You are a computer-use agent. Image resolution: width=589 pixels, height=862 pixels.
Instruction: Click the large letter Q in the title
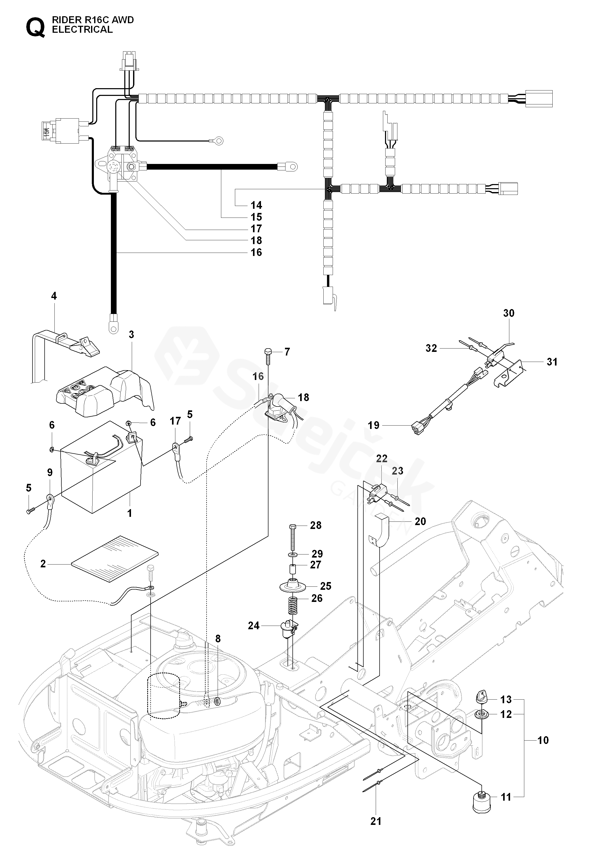coord(35,28)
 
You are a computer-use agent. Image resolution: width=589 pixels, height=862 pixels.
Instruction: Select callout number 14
coord(256,205)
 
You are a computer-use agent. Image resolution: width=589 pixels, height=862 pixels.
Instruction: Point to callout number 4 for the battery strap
coord(54,296)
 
